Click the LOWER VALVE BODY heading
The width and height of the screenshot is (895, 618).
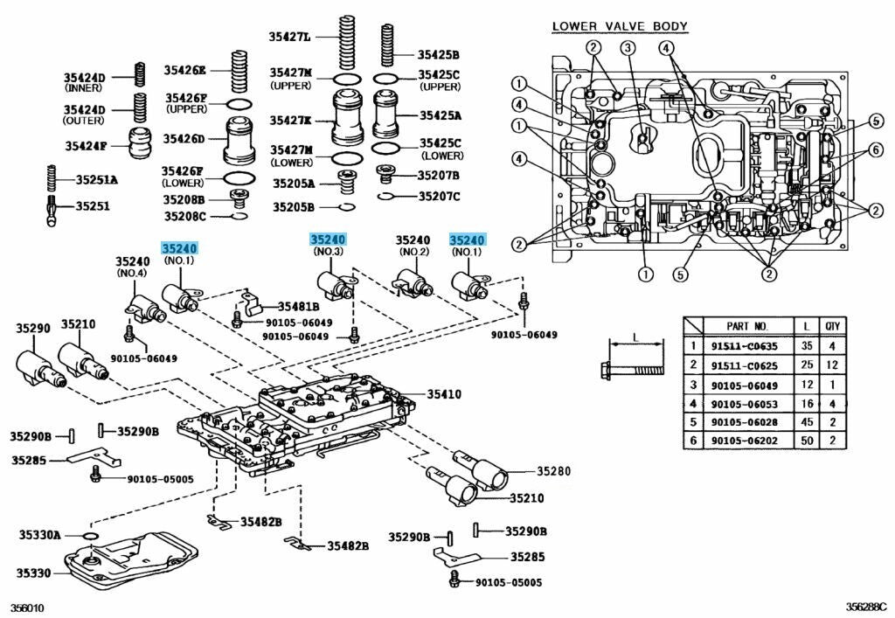pyautogui.click(x=620, y=26)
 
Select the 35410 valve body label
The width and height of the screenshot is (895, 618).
pyautogui.click(x=444, y=394)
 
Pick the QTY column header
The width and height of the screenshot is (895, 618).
pyautogui.click(x=833, y=325)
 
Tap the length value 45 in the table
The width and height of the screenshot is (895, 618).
pyautogui.click(x=805, y=422)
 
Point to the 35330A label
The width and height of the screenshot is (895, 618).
pyautogui.click(x=40, y=534)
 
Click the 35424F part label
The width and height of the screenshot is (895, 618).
pyautogui.click(x=85, y=145)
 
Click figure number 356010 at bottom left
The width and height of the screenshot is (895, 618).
pyautogui.click(x=27, y=607)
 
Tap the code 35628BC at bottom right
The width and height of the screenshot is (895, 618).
pyautogui.click(x=865, y=607)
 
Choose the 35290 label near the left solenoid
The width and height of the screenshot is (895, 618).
pyautogui.click(x=31, y=329)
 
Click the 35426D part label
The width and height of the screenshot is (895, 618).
pyautogui.click(x=184, y=139)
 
